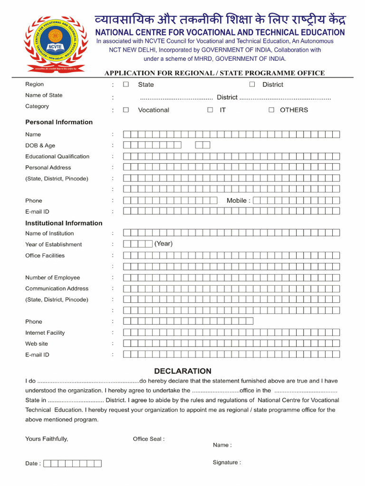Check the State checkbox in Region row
click(126, 84)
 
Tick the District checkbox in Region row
click(252, 84)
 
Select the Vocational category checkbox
click(126, 110)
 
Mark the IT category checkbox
click(210, 110)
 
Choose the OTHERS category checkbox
click(271, 110)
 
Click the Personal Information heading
click(59, 122)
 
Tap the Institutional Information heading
click(64, 223)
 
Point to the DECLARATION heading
click(182, 371)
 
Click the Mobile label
click(238, 201)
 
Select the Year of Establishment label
click(53, 244)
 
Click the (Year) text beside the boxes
click(163, 244)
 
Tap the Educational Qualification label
click(57, 157)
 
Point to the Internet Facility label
click(45, 333)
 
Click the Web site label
click(37, 344)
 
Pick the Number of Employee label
click(53, 278)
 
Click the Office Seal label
click(149, 439)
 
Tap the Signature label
click(227, 462)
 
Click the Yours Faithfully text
click(47, 439)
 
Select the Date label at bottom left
click(33, 464)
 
